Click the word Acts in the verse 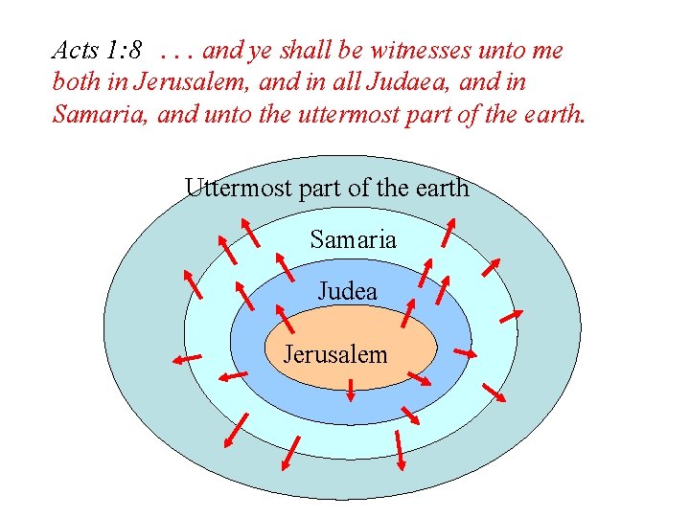(x=73, y=50)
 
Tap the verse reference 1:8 (x=124, y=50)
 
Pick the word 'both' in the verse (x=75, y=83)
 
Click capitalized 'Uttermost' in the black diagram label (x=239, y=188)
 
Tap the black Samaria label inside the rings (x=353, y=239)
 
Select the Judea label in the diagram (x=347, y=290)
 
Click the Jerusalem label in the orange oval (x=335, y=354)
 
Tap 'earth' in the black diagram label (x=440, y=188)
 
